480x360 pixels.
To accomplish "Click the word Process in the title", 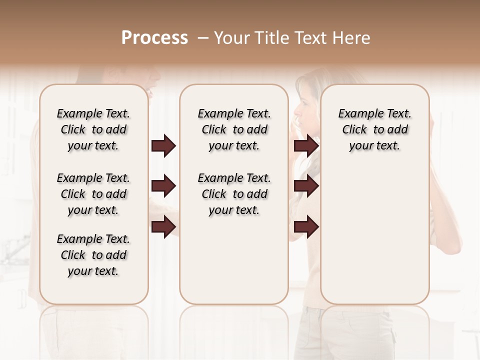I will [x=154, y=38].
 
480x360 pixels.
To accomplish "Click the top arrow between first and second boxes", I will [x=163, y=146].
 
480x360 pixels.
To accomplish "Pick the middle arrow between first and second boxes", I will [x=163, y=186].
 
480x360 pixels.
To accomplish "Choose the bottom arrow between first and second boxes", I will [x=163, y=226].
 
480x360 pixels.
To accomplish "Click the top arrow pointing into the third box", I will [x=306, y=146].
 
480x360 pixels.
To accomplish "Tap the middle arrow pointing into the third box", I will [x=306, y=186].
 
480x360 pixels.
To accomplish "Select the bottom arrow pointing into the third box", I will [x=306, y=226].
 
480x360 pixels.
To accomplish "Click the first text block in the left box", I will [x=93, y=129].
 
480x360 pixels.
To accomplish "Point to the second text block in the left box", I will [x=93, y=194].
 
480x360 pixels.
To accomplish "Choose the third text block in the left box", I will [x=93, y=255].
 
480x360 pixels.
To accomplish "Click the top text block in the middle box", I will [x=234, y=129].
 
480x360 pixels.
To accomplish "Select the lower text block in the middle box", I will [x=234, y=194].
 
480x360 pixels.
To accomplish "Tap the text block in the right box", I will [x=374, y=129].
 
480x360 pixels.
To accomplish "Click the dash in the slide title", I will [x=203, y=38].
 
